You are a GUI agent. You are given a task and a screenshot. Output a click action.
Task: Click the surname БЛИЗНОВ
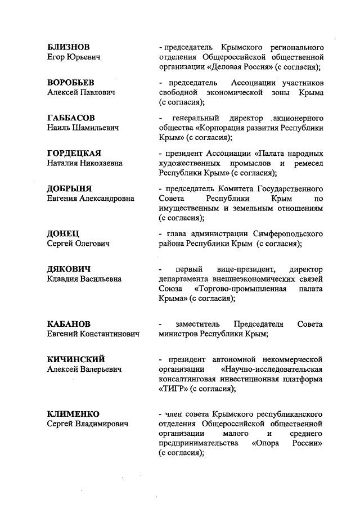68,46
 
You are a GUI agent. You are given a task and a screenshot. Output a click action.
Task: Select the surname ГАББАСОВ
71,118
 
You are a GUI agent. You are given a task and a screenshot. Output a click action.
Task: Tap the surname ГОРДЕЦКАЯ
74,153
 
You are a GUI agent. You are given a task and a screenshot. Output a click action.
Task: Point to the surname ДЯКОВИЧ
69,268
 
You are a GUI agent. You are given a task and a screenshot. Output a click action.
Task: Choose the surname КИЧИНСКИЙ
76,359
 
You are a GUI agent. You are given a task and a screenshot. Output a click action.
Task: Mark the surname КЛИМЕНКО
73,413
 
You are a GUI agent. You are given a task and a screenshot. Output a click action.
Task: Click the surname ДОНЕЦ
63,233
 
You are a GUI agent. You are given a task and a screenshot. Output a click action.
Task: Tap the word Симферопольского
286,233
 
